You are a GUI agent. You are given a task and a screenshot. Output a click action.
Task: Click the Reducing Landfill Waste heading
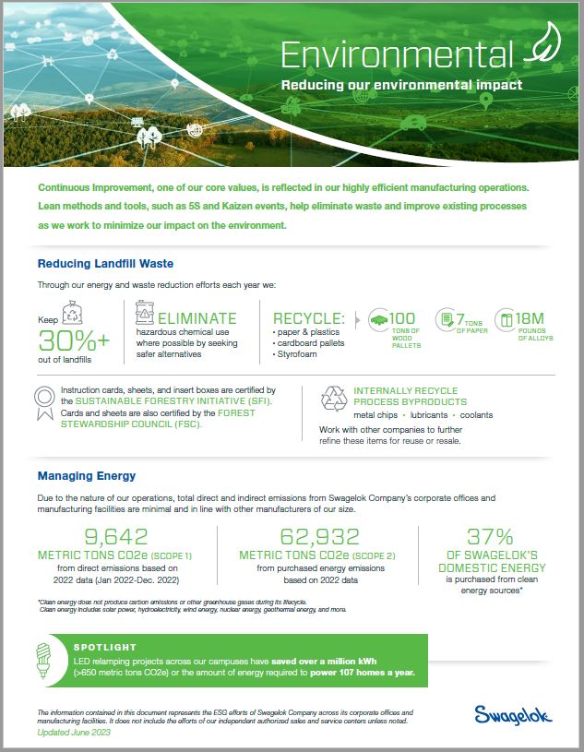105,264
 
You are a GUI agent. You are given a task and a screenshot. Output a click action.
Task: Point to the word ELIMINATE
196,318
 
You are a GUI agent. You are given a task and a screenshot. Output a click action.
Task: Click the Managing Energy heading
86,476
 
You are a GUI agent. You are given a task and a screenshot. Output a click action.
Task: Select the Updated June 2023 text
74,731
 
